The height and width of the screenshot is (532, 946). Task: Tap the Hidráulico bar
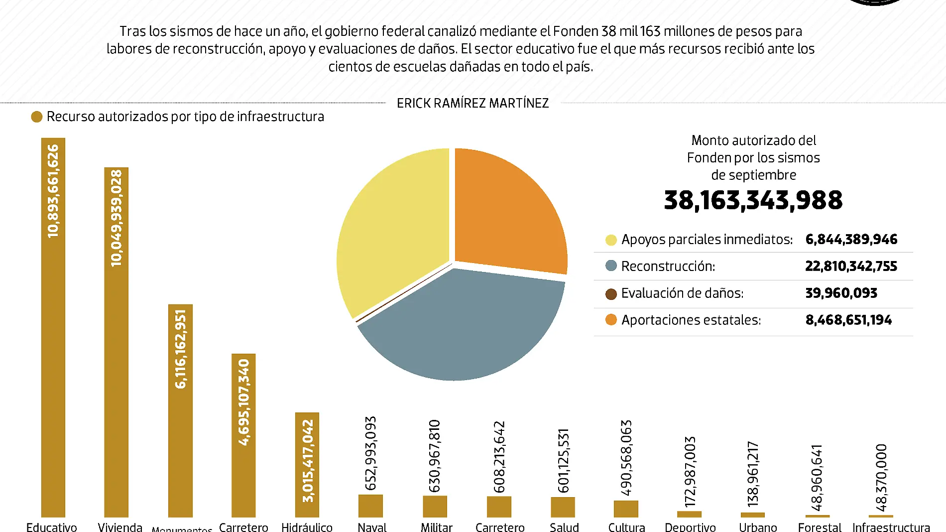click(x=307, y=464)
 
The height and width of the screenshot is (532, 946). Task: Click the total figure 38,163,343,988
click(x=753, y=200)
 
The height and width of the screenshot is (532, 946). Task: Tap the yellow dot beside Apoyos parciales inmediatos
click(x=611, y=240)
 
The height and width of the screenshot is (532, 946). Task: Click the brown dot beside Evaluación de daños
click(x=611, y=294)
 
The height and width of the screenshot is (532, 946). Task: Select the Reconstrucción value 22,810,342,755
click(x=851, y=266)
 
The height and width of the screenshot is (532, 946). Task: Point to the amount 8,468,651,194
click(x=848, y=320)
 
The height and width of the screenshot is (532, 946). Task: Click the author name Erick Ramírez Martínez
click(x=473, y=103)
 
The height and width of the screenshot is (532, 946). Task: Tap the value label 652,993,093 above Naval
click(x=371, y=453)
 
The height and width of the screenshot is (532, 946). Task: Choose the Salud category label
click(x=564, y=527)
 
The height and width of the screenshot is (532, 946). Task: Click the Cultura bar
click(x=626, y=509)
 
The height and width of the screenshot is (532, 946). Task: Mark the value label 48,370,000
click(x=881, y=477)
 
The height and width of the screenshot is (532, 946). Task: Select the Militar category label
click(x=436, y=527)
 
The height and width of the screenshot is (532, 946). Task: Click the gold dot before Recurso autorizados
click(x=36, y=117)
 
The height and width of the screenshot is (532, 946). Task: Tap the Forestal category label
click(x=820, y=527)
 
